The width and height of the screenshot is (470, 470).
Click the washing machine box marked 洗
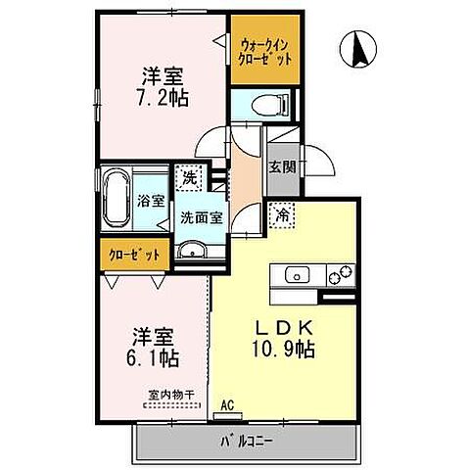tap(187, 178)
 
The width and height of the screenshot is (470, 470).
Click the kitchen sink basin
tap(297, 275)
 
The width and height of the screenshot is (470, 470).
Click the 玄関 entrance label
tap(282, 167)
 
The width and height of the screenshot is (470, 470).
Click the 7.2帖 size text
tap(165, 97)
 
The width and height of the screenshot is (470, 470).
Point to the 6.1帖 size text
tap(155, 357)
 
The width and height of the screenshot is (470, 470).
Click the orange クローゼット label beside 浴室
tap(129, 255)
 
